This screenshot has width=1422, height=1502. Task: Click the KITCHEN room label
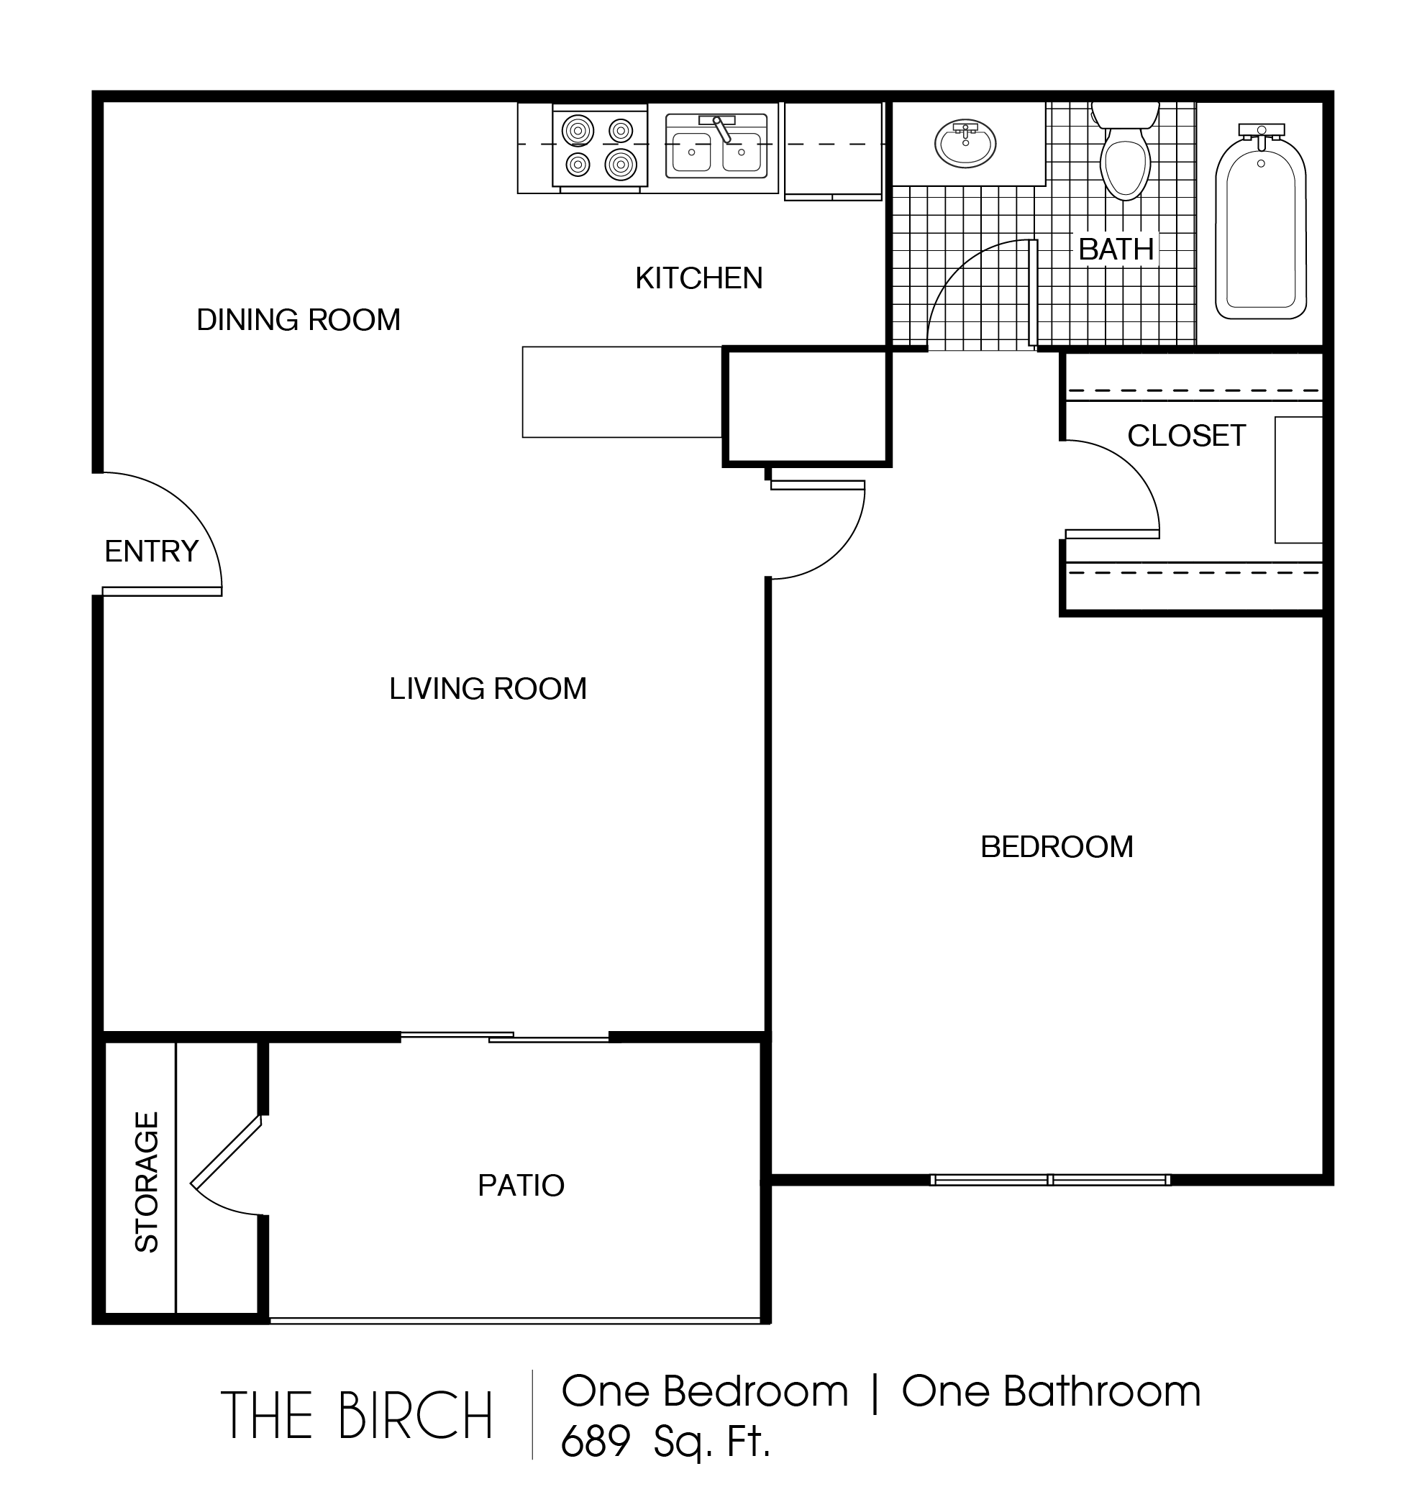tap(699, 279)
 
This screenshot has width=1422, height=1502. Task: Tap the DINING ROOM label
tap(298, 320)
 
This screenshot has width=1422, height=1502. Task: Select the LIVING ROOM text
tap(488, 689)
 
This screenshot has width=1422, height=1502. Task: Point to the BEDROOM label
tap(1057, 846)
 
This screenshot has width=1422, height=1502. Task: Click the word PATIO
tap(521, 1185)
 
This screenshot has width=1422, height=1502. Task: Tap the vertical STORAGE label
tap(147, 1181)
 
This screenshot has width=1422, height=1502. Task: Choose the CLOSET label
tap(1186, 436)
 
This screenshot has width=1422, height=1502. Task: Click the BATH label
tap(1116, 249)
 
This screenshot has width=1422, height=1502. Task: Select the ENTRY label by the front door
tap(152, 551)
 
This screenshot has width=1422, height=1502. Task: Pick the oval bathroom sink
tap(965, 143)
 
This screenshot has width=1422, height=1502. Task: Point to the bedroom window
tap(1050, 1180)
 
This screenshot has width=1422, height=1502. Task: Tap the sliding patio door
tap(505, 1037)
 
